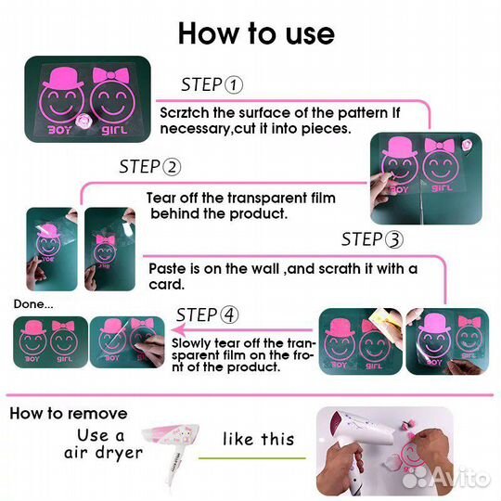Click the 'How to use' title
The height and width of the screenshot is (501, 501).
click(256, 33)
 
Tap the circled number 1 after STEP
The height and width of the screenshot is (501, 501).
click(233, 85)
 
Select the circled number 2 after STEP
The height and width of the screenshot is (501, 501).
click(172, 167)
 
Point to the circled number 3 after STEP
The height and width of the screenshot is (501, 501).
click(394, 239)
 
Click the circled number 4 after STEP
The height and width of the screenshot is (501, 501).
click(229, 315)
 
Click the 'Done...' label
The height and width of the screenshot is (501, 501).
click(33, 304)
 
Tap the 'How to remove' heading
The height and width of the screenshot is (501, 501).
click(69, 414)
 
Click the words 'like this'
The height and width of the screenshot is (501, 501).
click(258, 439)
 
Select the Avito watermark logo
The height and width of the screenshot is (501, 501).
click(446, 479)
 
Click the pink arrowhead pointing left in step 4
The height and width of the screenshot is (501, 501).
click(180, 329)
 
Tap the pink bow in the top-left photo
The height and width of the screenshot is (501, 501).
click(110, 76)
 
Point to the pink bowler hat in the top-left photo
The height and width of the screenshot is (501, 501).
click(63, 78)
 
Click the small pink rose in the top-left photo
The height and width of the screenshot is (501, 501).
click(83, 122)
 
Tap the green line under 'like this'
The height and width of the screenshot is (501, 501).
click(252, 458)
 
